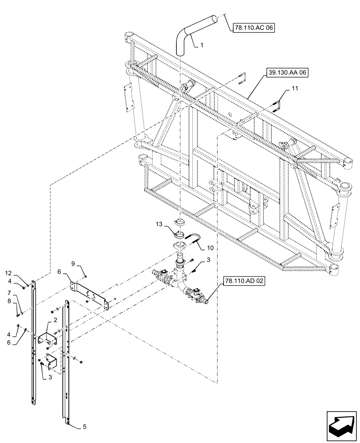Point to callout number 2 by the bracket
tap(55, 320)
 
